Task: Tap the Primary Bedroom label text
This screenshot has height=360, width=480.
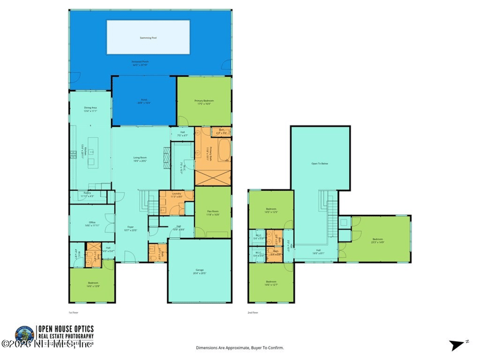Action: point(203,101)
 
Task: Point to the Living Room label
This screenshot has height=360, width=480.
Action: point(140,158)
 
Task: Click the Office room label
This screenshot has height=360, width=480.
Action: point(92,223)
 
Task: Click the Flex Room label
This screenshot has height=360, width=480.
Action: point(212,212)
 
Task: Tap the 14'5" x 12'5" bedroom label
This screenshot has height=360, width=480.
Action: point(271,210)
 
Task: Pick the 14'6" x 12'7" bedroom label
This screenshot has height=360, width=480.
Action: point(271,283)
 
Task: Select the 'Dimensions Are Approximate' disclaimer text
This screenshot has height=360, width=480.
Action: point(240,347)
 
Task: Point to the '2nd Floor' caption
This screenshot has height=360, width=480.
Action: point(253,313)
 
